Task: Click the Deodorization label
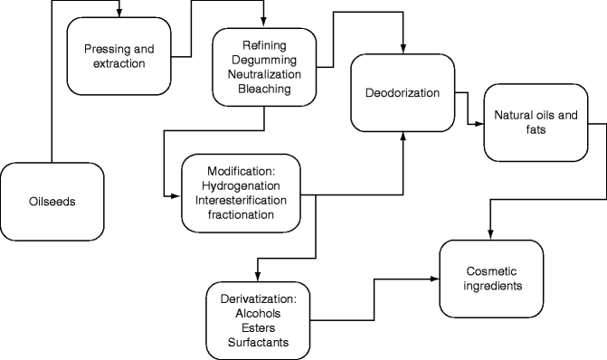402,92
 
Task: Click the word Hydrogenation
240,185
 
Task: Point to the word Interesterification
240,200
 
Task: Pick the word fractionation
240,214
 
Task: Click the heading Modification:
240,171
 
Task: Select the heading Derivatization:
258,298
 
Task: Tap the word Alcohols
258,313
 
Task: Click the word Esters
258,327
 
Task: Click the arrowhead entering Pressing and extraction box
119,12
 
